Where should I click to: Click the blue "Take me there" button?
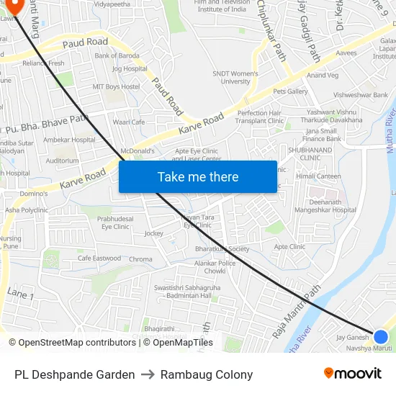pyautogui.click(x=198, y=176)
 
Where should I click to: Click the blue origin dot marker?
pyautogui.click(x=381, y=336)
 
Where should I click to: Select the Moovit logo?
pyautogui.click(x=353, y=374)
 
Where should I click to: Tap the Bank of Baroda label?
pyautogui.click(x=117, y=55)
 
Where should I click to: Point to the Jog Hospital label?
pyautogui.click(x=130, y=69)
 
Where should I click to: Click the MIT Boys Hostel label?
pyautogui.click(x=116, y=86)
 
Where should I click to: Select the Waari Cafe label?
pyautogui.click(x=129, y=122)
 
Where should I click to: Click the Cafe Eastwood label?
pyautogui.click(x=99, y=258)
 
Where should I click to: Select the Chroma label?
pyautogui.click(x=141, y=259)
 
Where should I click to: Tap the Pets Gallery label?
pyautogui.click(x=290, y=91)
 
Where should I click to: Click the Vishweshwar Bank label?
pyautogui.click(x=361, y=95)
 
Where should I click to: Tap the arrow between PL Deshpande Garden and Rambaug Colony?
pyautogui.click(x=148, y=374)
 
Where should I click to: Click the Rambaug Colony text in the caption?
pyautogui.click(x=207, y=374)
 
